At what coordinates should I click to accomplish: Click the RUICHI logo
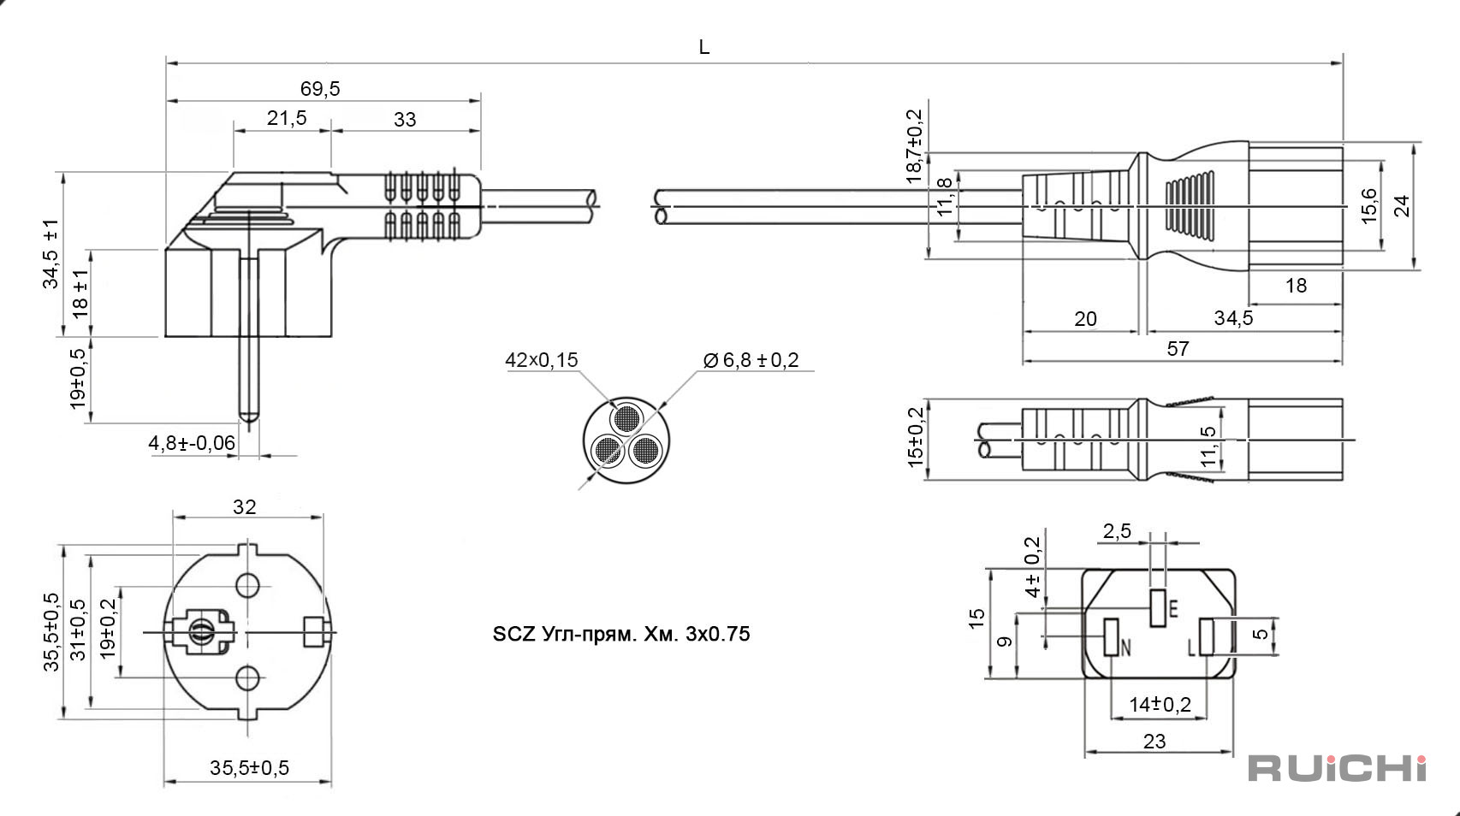pyautogui.click(x=1337, y=768)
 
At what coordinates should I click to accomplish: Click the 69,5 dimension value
pyautogui.click(x=320, y=89)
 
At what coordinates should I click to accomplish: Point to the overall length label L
pyautogui.click(x=704, y=47)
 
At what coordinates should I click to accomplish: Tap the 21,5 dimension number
pyautogui.click(x=287, y=118)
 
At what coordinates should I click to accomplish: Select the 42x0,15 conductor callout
pyautogui.click(x=542, y=359)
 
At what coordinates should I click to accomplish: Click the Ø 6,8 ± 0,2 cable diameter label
pyautogui.click(x=751, y=359)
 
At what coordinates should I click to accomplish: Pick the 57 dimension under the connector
pyautogui.click(x=1178, y=349)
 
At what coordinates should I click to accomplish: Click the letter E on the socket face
pyautogui.click(x=1173, y=609)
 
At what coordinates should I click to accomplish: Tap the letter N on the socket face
pyautogui.click(x=1125, y=647)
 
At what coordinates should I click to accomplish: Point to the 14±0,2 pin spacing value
pyautogui.click(x=1160, y=704)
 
